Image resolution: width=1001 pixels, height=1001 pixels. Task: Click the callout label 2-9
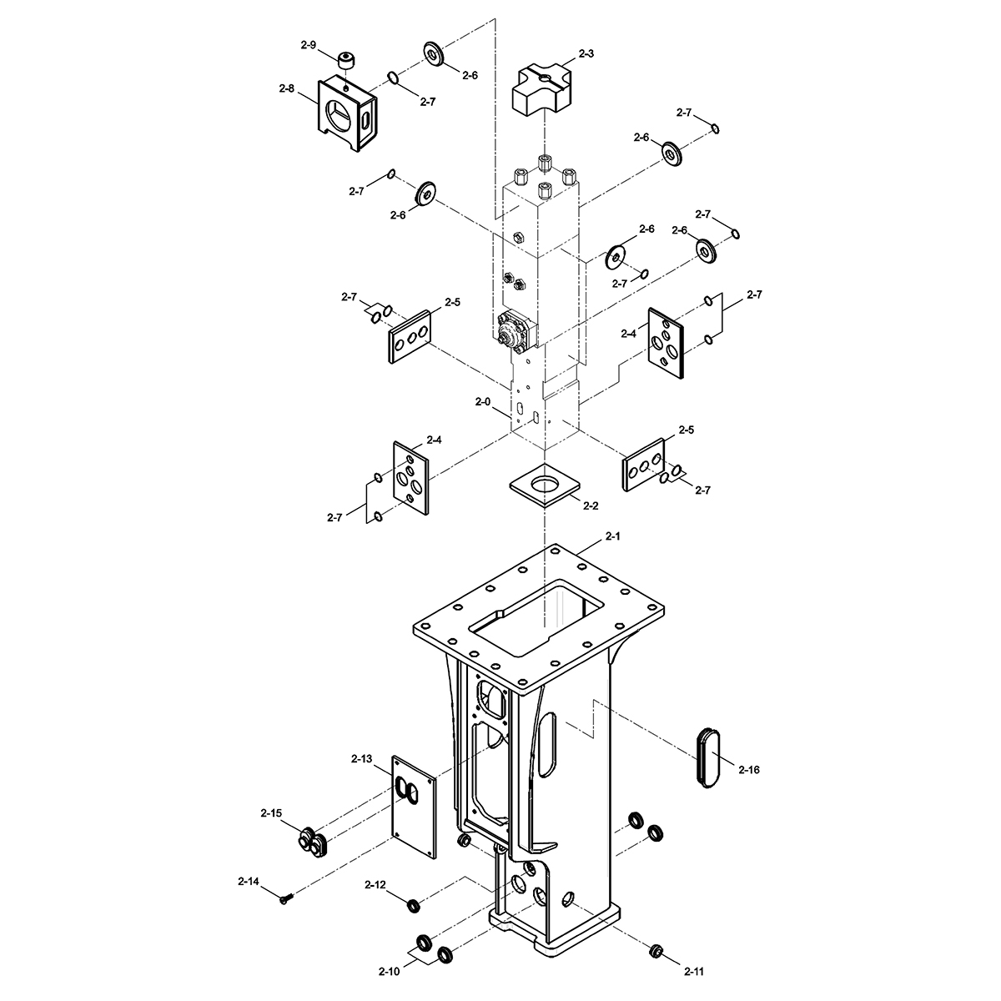pos(308,45)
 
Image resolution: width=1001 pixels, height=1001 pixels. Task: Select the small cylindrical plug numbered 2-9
pos(347,60)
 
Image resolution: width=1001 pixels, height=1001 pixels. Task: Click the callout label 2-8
pos(286,88)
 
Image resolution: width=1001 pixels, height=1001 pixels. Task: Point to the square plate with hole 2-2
pos(545,485)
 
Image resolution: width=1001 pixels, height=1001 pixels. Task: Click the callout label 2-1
pos(613,536)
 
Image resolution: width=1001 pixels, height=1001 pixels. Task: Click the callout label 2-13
pos(361,759)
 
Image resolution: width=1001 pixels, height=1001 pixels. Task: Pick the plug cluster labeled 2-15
pos(313,841)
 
